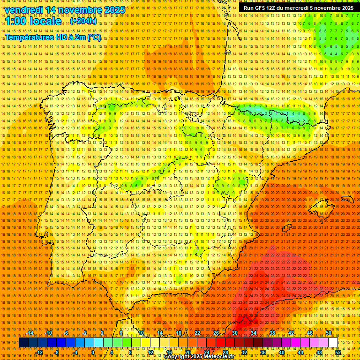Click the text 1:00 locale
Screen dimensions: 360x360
click(33, 21)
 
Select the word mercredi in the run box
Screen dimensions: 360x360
click(296, 8)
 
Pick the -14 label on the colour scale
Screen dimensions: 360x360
click(30, 333)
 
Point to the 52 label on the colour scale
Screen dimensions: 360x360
click(338, 352)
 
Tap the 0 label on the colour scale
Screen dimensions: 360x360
click(93, 352)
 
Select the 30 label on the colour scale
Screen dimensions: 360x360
click(234, 333)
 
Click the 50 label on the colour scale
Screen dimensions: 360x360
click(329, 333)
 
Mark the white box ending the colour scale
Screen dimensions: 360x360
click(333, 343)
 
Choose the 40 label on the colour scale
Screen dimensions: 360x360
click(281, 352)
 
